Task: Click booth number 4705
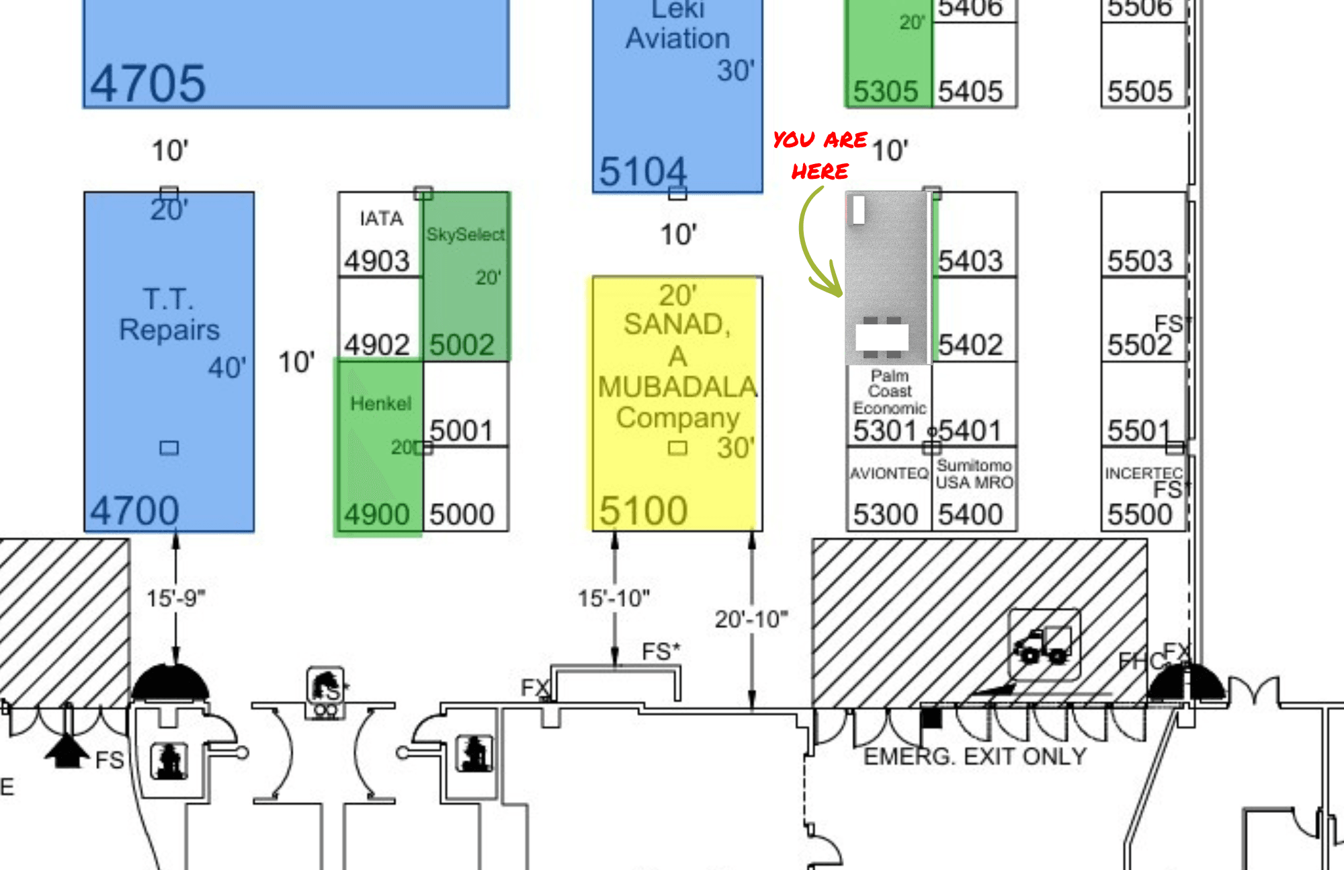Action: [148, 84]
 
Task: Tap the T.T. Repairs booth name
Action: [169, 314]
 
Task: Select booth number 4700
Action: [134, 510]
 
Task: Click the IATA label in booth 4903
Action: [381, 219]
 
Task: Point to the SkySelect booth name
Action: [465, 235]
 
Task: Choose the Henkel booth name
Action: [380, 403]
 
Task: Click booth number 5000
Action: [462, 514]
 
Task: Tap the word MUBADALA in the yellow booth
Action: [677, 387]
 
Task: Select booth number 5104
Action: [642, 171]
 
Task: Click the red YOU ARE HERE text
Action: [820, 155]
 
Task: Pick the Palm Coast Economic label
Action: [889, 392]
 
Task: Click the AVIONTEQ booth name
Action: [888, 473]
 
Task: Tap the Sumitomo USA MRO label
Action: [974, 474]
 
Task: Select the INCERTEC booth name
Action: [1143, 473]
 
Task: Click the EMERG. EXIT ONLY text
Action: [974, 757]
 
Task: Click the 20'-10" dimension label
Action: [751, 619]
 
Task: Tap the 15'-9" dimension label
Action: [175, 598]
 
